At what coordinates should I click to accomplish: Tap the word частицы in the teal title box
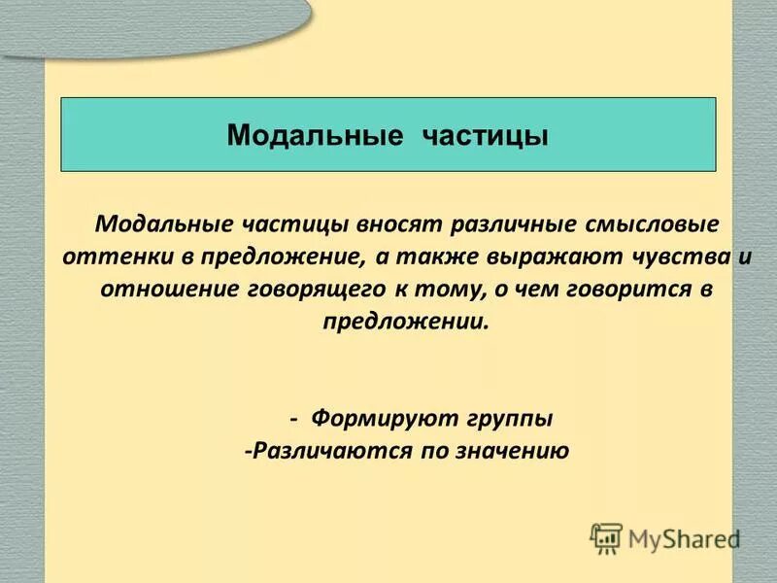486,134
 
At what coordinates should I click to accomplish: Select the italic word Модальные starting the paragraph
158,223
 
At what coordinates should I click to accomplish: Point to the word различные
511,223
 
